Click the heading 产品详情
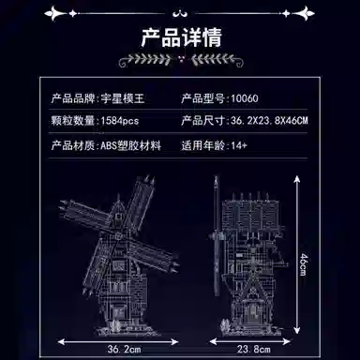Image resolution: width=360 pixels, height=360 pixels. click(x=179, y=40)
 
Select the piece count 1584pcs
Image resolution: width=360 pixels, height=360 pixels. click(x=117, y=122)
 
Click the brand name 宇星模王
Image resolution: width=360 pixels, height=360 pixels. click(x=123, y=97)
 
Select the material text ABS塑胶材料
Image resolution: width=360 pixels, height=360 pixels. click(x=131, y=146)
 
